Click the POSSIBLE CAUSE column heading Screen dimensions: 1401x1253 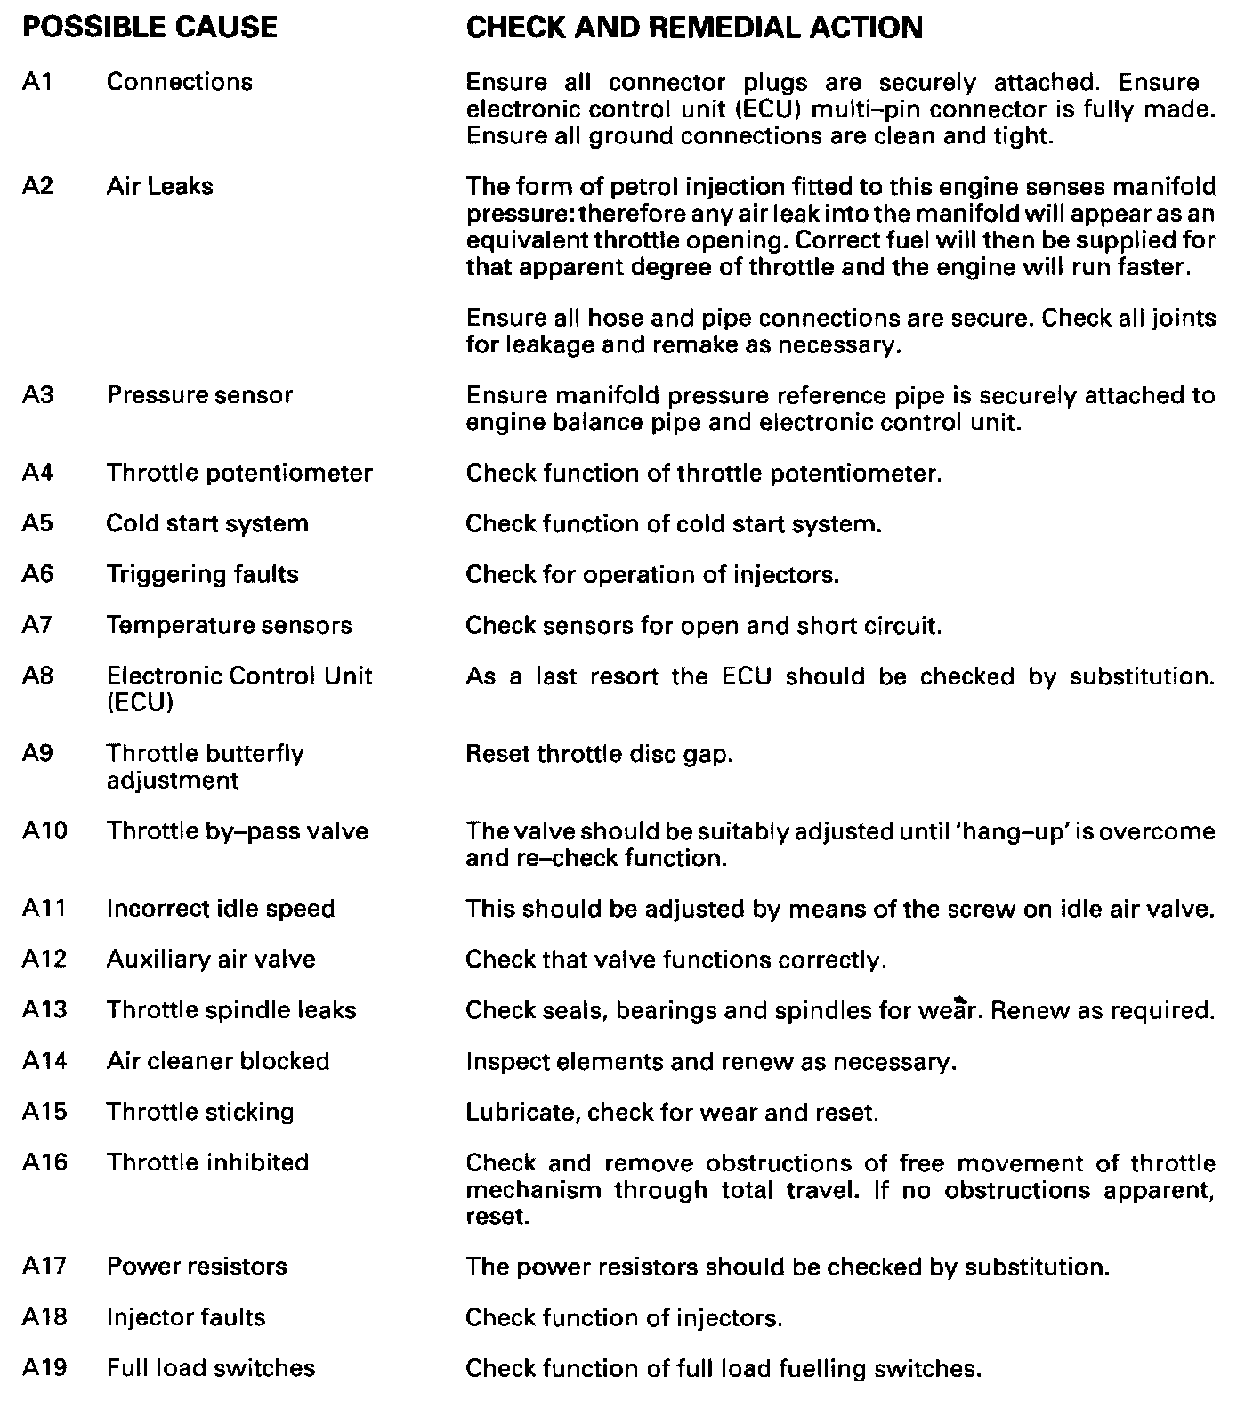tap(150, 28)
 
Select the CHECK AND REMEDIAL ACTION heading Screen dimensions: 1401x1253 tap(694, 28)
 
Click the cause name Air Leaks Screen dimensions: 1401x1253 tap(160, 186)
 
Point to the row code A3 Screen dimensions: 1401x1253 tap(38, 394)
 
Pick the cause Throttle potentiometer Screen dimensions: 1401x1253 tap(239, 473)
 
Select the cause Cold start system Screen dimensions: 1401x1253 tap(207, 523)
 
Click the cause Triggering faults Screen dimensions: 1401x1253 tap(203, 574)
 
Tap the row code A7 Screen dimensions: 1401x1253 tap(38, 625)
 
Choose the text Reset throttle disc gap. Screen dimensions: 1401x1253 tap(600, 754)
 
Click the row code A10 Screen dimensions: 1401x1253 tap(44, 831)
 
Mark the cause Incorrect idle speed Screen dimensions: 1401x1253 tap(221, 909)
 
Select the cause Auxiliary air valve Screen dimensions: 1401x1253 tap(211, 960)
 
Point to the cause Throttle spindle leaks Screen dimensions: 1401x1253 tap(231, 1010)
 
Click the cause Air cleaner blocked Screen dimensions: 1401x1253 tap(218, 1061)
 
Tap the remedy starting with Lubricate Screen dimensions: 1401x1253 tap(672, 1113)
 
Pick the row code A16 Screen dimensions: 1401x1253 tap(44, 1162)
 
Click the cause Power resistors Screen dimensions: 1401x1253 tap(197, 1267)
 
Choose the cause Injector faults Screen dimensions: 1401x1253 tap(186, 1317)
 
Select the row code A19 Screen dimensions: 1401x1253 tap(44, 1368)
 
